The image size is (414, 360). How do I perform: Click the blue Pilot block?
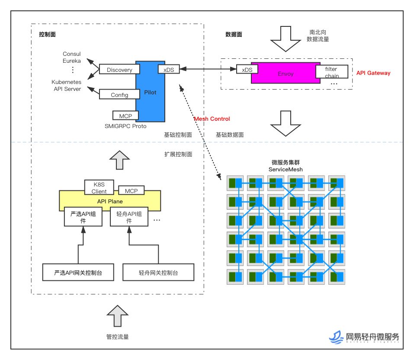150,92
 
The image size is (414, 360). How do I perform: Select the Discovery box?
119,69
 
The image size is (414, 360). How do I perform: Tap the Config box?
119,94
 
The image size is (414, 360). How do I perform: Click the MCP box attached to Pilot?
125,116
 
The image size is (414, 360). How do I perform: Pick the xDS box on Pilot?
169,69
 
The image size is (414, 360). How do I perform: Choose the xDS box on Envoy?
247,69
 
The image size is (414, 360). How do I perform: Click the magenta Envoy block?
286,73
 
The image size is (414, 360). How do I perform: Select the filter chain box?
332,72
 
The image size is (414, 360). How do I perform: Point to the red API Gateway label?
373,73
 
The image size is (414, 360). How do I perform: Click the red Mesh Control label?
212,119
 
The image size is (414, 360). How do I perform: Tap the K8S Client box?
99,187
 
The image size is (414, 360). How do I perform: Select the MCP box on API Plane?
131,190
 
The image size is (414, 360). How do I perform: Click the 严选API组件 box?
83,217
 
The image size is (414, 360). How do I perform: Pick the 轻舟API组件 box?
129,217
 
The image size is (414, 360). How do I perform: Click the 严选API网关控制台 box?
78,272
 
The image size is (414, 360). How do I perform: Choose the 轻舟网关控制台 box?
158,272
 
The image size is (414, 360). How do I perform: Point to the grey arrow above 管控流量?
118,316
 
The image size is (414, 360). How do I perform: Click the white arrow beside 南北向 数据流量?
286,39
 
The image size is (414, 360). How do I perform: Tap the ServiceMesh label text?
286,169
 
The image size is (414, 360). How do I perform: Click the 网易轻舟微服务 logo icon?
336,337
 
